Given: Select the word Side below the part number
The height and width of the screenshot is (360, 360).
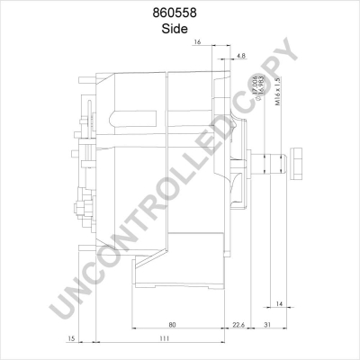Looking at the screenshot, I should click(180, 28).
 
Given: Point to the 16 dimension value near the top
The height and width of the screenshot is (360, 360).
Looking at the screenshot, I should click(197, 40).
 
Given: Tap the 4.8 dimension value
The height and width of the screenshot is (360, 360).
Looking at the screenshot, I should click(240, 56).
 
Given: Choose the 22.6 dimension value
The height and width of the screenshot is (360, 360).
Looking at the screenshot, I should click(238, 324).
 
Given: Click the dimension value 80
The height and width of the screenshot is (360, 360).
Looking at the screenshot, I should click(171, 324).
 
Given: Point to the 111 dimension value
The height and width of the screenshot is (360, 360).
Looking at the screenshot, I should click(161, 339).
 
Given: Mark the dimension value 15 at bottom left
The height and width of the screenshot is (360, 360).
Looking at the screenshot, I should click(71, 339).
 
